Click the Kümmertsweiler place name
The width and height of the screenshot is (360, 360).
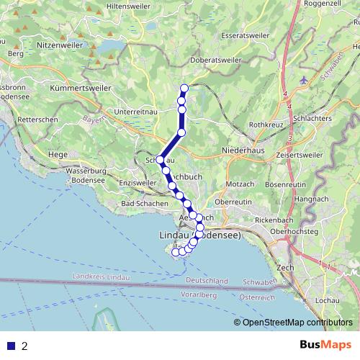coord(81,87)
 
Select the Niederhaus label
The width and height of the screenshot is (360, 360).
coord(243,151)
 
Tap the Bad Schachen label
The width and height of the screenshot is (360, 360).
coord(144,204)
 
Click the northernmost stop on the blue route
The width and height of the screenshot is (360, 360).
coord(184,89)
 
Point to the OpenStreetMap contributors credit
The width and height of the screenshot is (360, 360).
coord(297,322)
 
